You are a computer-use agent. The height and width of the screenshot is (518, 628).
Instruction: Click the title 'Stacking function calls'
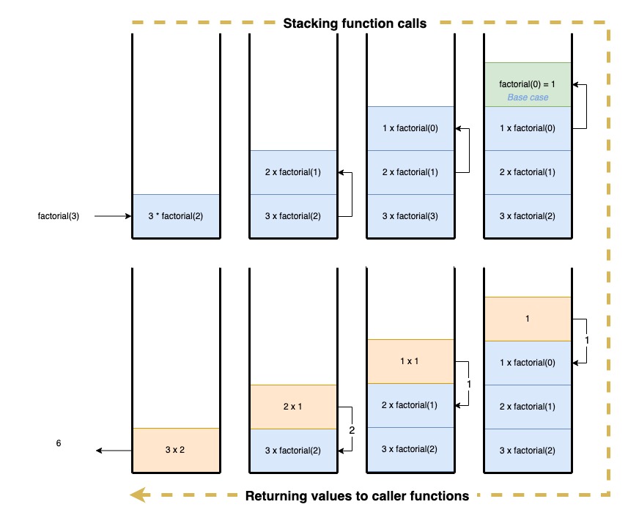click(355, 23)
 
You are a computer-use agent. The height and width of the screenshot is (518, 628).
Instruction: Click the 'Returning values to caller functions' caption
click(357, 496)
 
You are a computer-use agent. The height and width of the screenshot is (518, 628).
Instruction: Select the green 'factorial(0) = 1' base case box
click(528, 84)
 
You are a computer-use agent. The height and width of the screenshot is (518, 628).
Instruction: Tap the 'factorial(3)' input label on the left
click(59, 216)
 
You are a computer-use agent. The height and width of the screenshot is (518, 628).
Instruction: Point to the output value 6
click(59, 443)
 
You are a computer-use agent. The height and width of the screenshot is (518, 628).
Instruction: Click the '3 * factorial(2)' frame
click(176, 216)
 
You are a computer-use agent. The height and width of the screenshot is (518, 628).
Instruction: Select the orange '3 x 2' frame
click(176, 450)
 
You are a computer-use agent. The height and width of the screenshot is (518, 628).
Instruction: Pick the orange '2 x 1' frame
click(293, 407)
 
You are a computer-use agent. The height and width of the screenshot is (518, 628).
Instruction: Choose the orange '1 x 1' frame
click(410, 362)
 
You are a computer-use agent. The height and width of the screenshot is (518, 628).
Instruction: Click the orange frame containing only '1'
click(528, 319)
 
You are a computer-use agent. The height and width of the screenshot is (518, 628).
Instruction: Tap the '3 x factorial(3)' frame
click(410, 216)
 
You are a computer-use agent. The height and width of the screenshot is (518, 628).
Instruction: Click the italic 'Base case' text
click(528, 97)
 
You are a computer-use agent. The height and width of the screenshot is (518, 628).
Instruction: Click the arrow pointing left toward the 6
click(113, 451)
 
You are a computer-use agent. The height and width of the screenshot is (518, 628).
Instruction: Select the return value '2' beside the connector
click(352, 430)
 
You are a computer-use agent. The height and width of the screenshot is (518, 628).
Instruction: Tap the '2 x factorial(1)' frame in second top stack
click(293, 172)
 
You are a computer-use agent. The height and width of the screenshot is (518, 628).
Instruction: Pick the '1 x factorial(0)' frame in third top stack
click(410, 128)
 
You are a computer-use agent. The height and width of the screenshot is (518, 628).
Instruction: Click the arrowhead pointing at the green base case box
click(577, 85)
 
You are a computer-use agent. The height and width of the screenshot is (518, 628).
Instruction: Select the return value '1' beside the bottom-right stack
click(586, 341)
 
